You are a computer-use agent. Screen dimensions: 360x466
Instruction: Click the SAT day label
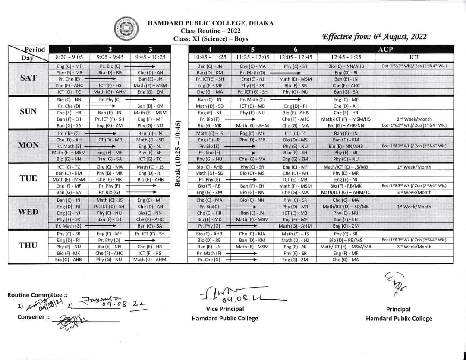click(x=28, y=78)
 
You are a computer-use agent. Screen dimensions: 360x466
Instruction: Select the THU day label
click(x=28, y=245)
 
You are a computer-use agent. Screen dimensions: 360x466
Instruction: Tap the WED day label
click(x=28, y=212)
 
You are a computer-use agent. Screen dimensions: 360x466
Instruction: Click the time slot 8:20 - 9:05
click(x=69, y=57)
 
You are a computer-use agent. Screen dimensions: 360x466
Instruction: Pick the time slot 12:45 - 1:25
click(x=346, y=57)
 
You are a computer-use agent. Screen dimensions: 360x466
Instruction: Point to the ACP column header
click(x=385, y=49)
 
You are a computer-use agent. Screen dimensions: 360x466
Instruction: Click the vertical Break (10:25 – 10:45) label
click(x=177, y=154)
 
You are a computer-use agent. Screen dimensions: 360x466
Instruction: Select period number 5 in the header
click(x=252, y=49)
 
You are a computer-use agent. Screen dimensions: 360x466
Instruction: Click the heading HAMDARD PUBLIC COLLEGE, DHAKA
click(x=211, y=23)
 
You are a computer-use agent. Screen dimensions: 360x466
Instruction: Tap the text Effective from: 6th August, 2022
click(x=374, y=37)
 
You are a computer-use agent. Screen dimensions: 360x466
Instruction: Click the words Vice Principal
click(x=225, y=309)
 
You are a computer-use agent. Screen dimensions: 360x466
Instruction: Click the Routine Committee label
click(x=38, y=295)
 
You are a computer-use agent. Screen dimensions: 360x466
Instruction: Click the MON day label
click(x=28, y=145)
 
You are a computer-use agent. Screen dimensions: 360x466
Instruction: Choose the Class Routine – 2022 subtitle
click(x=211, y=31)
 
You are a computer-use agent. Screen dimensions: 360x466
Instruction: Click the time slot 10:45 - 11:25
click(x=210, y=57)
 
